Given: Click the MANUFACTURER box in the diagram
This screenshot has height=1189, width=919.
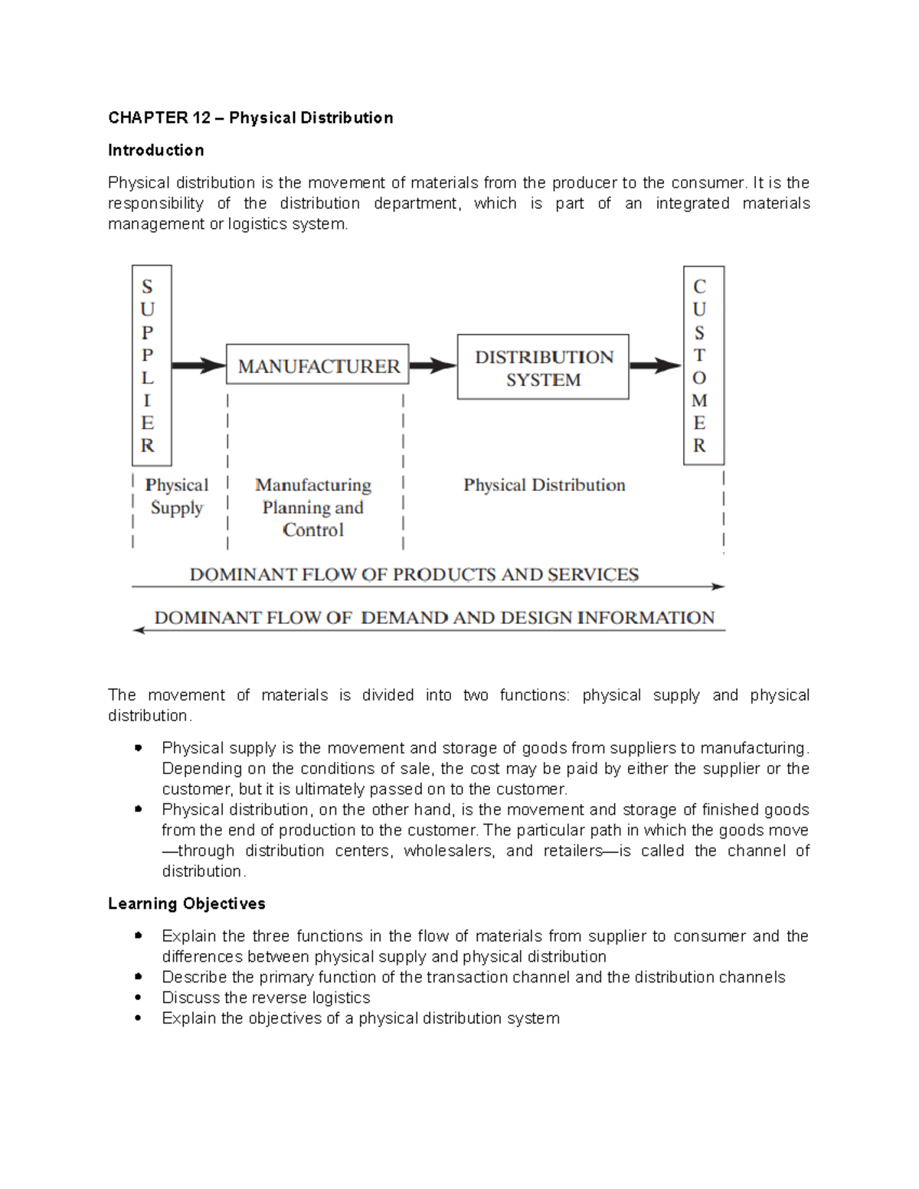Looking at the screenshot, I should tap(318, 366).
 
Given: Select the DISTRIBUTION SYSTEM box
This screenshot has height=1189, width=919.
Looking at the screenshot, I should tap(543, 367).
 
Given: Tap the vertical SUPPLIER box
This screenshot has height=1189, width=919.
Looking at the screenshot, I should tap(152, 365).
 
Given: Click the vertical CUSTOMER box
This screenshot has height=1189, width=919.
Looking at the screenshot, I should tap(703, 365).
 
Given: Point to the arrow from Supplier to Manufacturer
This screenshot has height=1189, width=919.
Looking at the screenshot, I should tap(198, 366).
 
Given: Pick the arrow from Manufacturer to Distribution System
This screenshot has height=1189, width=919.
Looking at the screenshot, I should tap(433, 366).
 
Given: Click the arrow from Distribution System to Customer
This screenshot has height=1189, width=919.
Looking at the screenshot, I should tap(656, 366).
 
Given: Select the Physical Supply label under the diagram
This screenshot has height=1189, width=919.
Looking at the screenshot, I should tap(176, 496).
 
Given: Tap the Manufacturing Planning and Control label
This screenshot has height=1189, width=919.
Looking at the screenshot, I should tap(313, 507).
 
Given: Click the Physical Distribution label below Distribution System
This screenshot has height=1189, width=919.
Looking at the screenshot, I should tap(544, 485).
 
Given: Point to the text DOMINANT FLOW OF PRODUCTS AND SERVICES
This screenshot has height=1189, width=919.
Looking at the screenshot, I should tap(414, 574).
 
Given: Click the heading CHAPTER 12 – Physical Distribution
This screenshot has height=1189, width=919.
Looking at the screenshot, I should tap(250, 118).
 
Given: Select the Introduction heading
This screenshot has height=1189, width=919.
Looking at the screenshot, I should tap(155, 150).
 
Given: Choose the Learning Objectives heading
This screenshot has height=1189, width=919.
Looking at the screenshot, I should tap(186, 903).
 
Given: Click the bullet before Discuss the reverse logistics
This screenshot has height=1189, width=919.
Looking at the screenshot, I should tap(138, 998).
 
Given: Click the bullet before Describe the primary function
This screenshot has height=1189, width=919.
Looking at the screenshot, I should tap(138, 977).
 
